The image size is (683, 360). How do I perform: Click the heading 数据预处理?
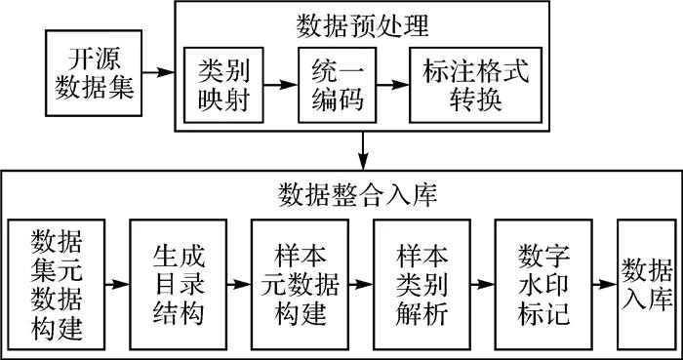click(363, 22)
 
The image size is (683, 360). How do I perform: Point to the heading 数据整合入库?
click(341, 192)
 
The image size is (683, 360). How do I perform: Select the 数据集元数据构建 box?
click(56, 285)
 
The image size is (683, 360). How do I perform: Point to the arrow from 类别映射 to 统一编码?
click(281, 86)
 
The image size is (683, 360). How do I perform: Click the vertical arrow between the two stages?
click(363, 148)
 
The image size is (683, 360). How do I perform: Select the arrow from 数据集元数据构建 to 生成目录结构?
click(117, 285)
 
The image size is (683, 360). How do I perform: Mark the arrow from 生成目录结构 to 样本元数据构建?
click(239, 285)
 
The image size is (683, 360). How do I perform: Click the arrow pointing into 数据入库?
click(605, 285)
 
